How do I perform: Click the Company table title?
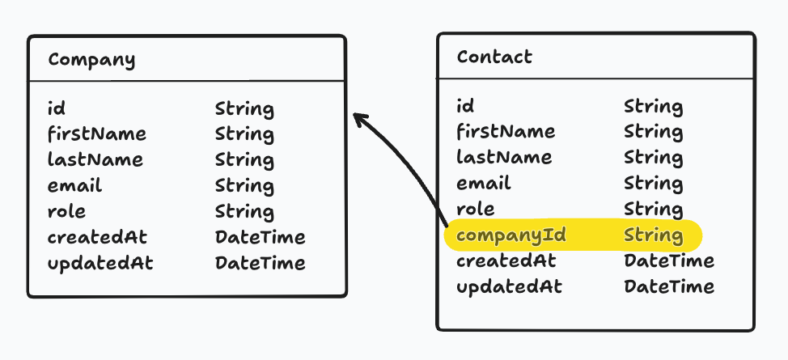(91, 59)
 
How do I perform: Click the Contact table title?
(494, 57)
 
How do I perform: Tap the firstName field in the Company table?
(97, 134)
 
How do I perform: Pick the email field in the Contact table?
(484, 183)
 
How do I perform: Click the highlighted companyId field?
(511, 235)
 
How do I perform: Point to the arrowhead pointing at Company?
(358, 120)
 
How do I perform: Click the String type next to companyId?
(653, 235)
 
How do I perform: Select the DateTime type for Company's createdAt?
(260, 238)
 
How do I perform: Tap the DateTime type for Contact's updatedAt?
(669, 286)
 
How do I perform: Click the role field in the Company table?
(66, 212)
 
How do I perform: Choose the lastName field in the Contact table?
(504, 157)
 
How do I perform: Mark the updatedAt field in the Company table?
(100, 264)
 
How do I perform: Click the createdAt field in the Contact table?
(506, 261)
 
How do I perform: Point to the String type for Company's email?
(244, 186)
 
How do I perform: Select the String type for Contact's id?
(653, 106)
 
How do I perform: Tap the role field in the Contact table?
(476, 209)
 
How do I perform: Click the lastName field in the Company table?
(95, 160)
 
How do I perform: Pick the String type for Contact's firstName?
(653, 132)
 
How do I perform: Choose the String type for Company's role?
(244, 212)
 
